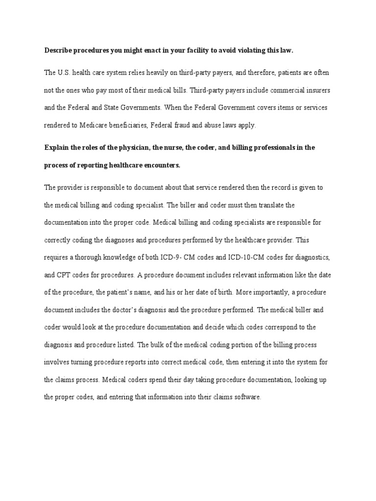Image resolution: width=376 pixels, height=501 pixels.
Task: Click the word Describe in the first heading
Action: pyautogui.click(x=59, y=50)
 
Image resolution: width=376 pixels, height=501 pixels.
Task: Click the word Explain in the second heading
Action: pyautogui.click(x=57, y=147)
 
